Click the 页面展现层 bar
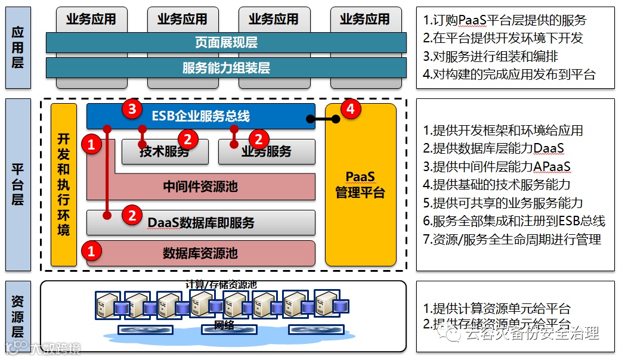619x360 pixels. tap(226, 43)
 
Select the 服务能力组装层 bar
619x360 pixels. tap(226, 68)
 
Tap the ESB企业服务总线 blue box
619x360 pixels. tap(201, 116)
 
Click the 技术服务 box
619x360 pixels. tap(165, 152)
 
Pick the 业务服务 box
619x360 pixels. tap(267, 152)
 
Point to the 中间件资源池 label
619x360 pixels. tap(200, 187)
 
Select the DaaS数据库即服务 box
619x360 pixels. tap(201, 223)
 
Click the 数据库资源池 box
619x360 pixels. tap(200, 253)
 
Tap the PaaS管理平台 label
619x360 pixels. tap(360, 185)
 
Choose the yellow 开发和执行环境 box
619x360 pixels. tap(63, 185)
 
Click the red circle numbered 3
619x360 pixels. tap(131, 108)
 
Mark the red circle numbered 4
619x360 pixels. tap(351, 108)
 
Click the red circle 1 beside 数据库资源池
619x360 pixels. tap(91, 251)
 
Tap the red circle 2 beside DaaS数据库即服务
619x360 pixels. tap(132, 215)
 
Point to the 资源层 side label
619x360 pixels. tap(18, 316)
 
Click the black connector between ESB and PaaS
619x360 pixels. tap(325, 119)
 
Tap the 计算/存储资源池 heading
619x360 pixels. tap(221, 285)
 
